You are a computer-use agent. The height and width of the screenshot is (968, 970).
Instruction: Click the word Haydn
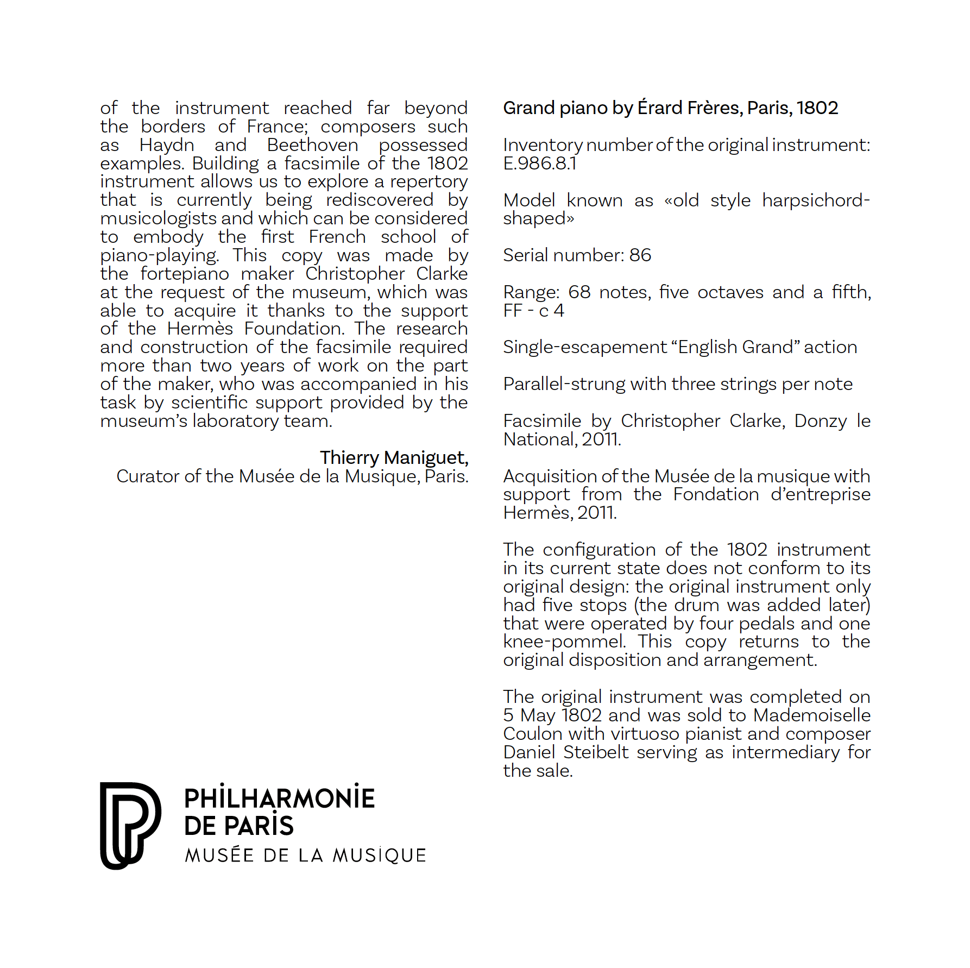pyautogui.click(x=166, y=145)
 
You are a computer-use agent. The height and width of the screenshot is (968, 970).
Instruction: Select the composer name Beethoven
pyautogui.click(x=312, y=145)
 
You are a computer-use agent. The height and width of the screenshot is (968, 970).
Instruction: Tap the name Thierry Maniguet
pyautogui.click(x=394, y=457)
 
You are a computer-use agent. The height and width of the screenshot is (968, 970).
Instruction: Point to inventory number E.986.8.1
pyautogui.click(x=539, y=163)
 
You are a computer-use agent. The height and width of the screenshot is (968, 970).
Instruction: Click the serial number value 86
pyautogui.click(x=640, y=255)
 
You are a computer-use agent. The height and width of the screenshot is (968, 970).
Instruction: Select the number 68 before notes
pyautogui.click(x=579, y=292)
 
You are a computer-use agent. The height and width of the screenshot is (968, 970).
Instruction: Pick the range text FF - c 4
pyautogui.click(x=533, y=310)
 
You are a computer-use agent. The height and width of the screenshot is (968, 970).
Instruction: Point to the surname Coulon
pyautogui.click(x=533, y=734)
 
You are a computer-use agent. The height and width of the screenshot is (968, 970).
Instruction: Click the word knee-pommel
pyautogui.click(x=564, y=642)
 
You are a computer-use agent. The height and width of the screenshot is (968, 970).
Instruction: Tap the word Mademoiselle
pyautogui.click(x=812, y=715)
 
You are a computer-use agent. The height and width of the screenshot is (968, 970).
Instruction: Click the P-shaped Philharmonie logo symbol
pyautogui.click(x=130, y=825)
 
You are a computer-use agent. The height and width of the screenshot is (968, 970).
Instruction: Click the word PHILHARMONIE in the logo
pyautogui.click(x=279, y=799)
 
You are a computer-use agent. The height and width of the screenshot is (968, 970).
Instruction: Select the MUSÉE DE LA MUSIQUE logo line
pyautogui.click(x=305, y=855)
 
